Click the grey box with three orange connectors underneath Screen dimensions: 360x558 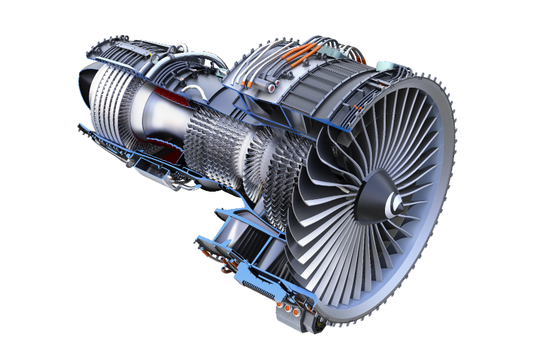coord(290,311)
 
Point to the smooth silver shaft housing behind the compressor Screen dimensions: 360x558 coord(154,113)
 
